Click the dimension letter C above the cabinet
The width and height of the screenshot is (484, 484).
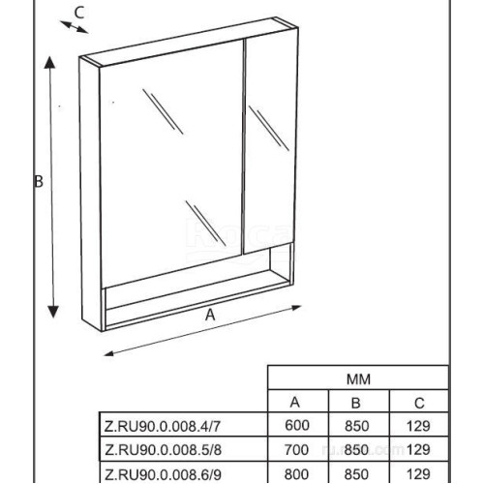tap(79, 13)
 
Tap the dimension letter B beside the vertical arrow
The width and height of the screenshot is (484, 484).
tap(39, 181)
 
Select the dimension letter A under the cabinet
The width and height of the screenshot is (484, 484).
tap(210, 315)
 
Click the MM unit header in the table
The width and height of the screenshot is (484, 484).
tap(358, 379)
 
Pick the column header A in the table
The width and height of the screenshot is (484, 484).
tap(295, 403)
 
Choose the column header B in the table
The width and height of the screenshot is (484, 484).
tap(355, 403)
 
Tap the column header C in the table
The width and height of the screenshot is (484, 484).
tap(419, 403)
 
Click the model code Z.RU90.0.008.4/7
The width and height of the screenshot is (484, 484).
tap(163, 427)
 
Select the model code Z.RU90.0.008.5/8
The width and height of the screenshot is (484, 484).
tap(163, 450)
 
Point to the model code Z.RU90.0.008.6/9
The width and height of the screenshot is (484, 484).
tap(163, 474)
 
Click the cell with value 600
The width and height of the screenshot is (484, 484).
tap(297, 426)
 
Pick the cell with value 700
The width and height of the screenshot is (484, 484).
tap(296, 450)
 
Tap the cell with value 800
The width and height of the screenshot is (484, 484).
tap(296, 474)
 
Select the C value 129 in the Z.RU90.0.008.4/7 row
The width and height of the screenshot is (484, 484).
tap(418, 426)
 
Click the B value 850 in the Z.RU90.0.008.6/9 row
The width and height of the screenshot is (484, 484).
tap(356, 474)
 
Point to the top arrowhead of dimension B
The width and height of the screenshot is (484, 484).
tap(49, 62)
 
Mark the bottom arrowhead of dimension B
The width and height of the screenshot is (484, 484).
tap(53, 312)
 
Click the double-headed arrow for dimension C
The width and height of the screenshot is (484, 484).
tap(74, 27)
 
